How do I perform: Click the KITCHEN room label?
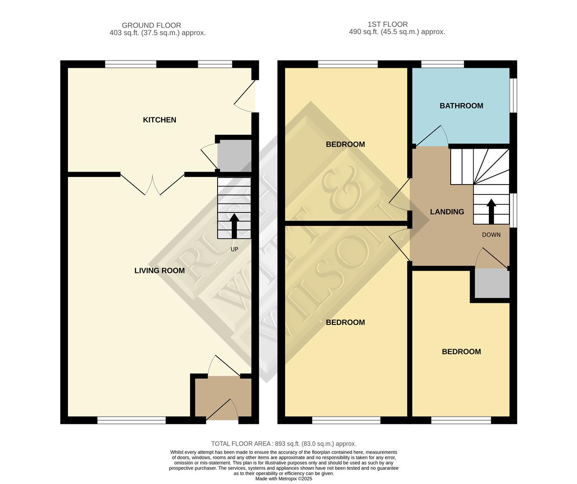click(x=159, y=120)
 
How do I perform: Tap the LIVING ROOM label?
click(x=159, y=271)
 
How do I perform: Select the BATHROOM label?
click(x=461, y=106)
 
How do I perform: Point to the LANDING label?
click(x=447, y=212)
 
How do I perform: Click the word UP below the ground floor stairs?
click(x=234, y=249)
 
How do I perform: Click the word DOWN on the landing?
click(x=491, y=235)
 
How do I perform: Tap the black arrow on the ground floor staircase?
click(x=234, y=225)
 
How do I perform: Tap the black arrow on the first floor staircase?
click(x=491, y=211)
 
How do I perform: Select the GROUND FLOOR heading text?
click(x=151, y=26)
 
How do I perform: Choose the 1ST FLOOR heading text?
click(x=388, y=24)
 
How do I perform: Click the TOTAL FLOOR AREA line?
click(x=284, y=444)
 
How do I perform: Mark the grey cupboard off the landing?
click(x=492, y=284)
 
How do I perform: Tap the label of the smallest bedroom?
click(x=461, y=352)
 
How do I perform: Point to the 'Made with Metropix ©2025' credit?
click(x=284, y=479)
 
